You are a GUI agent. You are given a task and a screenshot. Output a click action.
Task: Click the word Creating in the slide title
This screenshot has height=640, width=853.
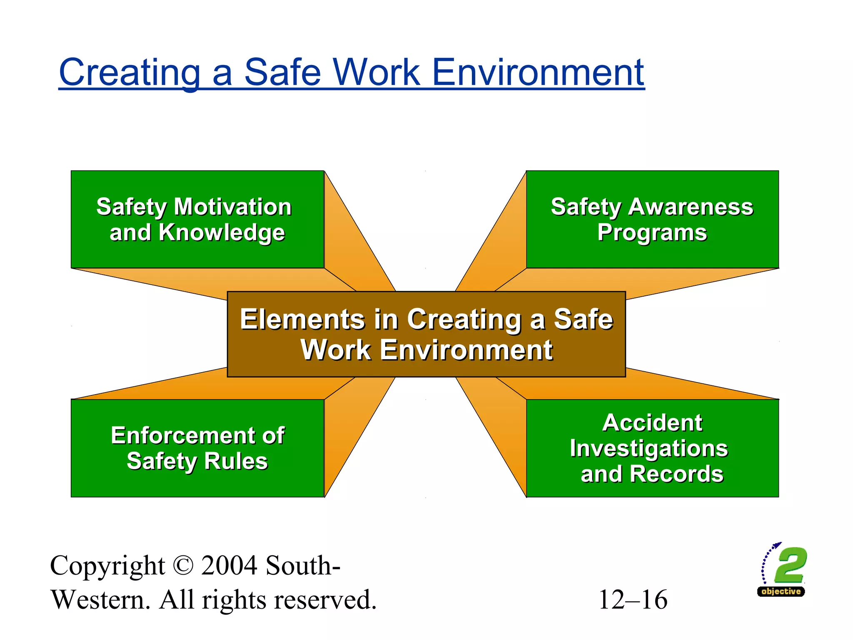130,72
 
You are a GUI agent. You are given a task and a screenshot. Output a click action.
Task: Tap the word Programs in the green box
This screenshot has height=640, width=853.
652,232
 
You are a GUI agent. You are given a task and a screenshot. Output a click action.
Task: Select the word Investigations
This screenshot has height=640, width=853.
648,448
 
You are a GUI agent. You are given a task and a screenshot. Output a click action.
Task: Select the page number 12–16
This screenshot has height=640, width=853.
633,600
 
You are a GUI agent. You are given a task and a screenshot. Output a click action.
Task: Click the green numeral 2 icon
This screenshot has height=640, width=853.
790,565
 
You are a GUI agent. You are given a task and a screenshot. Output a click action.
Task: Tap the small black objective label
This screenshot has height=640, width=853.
781,591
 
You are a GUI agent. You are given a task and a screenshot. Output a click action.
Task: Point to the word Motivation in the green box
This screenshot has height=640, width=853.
233,207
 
